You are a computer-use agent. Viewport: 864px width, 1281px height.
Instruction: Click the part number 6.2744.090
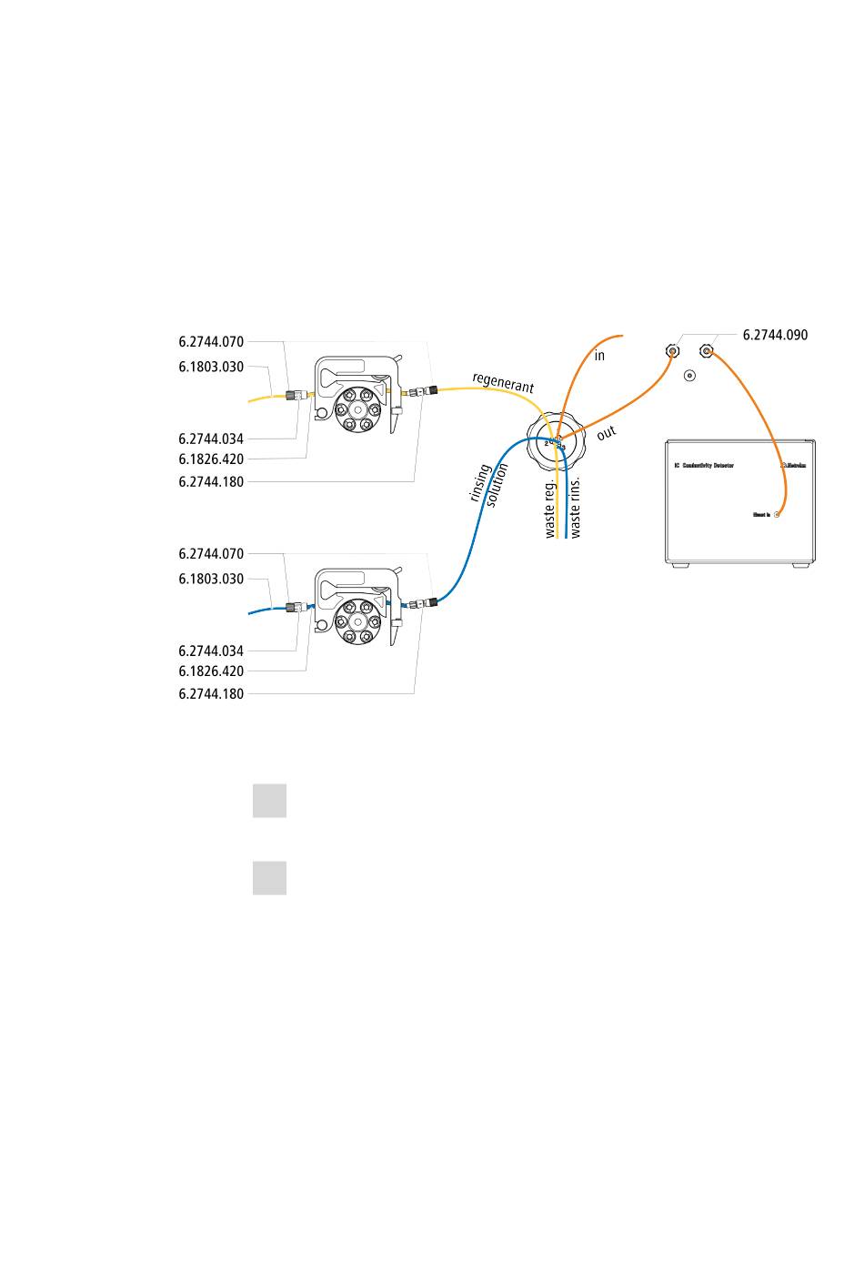[775, 335]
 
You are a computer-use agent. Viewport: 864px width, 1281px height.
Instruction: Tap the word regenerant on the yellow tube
[503, 382]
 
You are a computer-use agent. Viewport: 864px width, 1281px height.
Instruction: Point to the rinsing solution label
[488, 485]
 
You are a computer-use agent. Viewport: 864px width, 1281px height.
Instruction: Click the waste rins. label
[575, 505]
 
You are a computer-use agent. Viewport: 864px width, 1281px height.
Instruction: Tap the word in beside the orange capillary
[599, 356]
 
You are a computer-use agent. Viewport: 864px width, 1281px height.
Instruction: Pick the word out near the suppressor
[607, 434]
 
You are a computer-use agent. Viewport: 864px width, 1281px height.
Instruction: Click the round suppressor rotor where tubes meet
[556, 443]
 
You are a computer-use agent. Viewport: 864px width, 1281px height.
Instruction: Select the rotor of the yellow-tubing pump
[356, 409]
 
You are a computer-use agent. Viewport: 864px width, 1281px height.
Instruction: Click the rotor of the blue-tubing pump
[356, 621]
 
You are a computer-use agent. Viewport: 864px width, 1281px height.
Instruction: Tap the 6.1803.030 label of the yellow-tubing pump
[211, 367]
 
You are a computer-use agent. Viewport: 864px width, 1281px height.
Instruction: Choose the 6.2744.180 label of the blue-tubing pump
[211, 693]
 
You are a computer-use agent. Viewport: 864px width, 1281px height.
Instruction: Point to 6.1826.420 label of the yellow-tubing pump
[211, 459]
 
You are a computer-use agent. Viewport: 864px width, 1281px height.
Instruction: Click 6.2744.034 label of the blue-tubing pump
[211, 651]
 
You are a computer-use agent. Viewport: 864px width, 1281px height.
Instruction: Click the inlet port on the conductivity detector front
[776, 515]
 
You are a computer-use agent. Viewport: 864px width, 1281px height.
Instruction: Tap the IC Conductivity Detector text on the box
[703, 465]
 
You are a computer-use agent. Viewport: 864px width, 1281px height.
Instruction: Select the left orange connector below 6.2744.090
[672, 351]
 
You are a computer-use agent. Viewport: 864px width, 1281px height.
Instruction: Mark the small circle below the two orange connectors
[689, 375]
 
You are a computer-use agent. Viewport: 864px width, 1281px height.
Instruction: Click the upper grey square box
[269, 801]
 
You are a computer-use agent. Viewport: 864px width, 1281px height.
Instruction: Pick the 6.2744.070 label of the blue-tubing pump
[211, 553]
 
